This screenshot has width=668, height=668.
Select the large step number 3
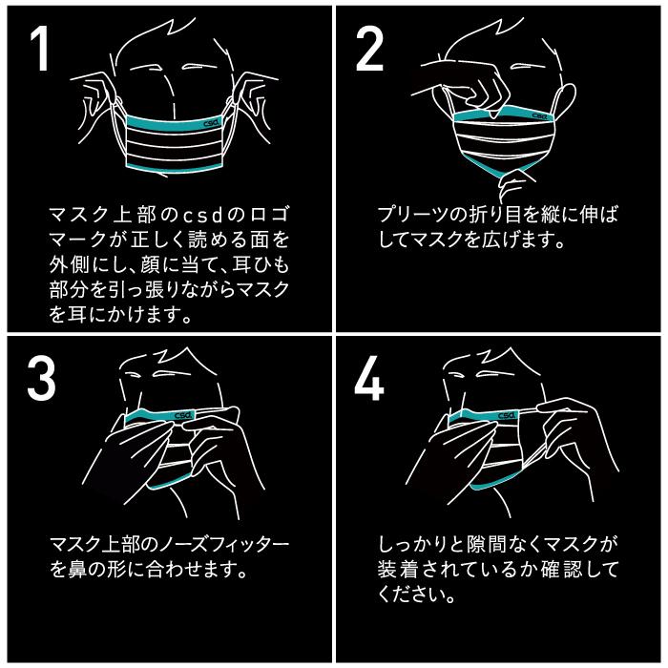41,379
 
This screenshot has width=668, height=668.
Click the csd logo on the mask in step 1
211,122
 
